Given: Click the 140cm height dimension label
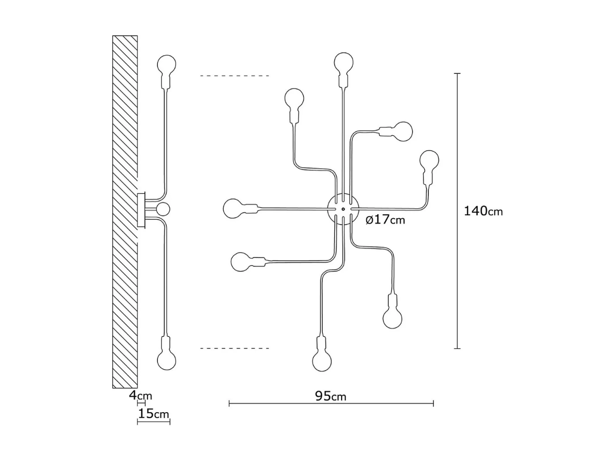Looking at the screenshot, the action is pyautogui.click(x=483, y=211).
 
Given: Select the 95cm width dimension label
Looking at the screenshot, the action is pyautogui.click(x=331, y=396).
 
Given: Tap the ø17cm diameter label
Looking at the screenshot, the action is pyautogui.click(x=385, y=220).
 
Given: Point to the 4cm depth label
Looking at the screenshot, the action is pyautogui.click(x=140, y=396).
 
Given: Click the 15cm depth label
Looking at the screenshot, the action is pyautogui.click(x=154, y=414).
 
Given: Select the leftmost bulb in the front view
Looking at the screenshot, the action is pyautogui.click(x=233, y=208).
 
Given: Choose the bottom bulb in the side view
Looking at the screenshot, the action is pyautogui.click(x=167, y=360).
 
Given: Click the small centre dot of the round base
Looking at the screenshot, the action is pyautogui.click(x=343, y=209).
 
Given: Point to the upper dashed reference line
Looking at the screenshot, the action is pyautogui.click(x=235, y=76).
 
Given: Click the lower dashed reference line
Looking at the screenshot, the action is pyautogui.click(x=235, y=348).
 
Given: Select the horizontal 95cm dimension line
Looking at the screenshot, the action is pyautogui.click(x=331, y=404).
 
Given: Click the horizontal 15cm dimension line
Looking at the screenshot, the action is pyautogui.click(x=154, y=422).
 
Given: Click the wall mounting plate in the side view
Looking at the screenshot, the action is pyautogui.click(x=141, y=210).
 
